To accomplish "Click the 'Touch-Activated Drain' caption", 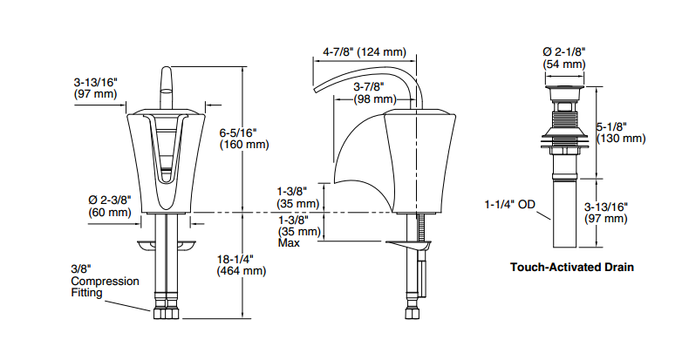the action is (572, 267).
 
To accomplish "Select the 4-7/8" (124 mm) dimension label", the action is (365, 52).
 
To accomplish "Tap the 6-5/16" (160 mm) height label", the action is (244, 139).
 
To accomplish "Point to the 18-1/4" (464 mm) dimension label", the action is (242, 265).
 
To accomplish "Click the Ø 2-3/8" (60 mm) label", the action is (110, 206).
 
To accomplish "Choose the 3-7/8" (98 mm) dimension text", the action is (373, 92).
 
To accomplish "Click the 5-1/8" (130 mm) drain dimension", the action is (621, 132).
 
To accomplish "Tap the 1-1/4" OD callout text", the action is (510, 204).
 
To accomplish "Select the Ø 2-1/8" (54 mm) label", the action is (564, 58).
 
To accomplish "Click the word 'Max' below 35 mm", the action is (289, 242).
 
